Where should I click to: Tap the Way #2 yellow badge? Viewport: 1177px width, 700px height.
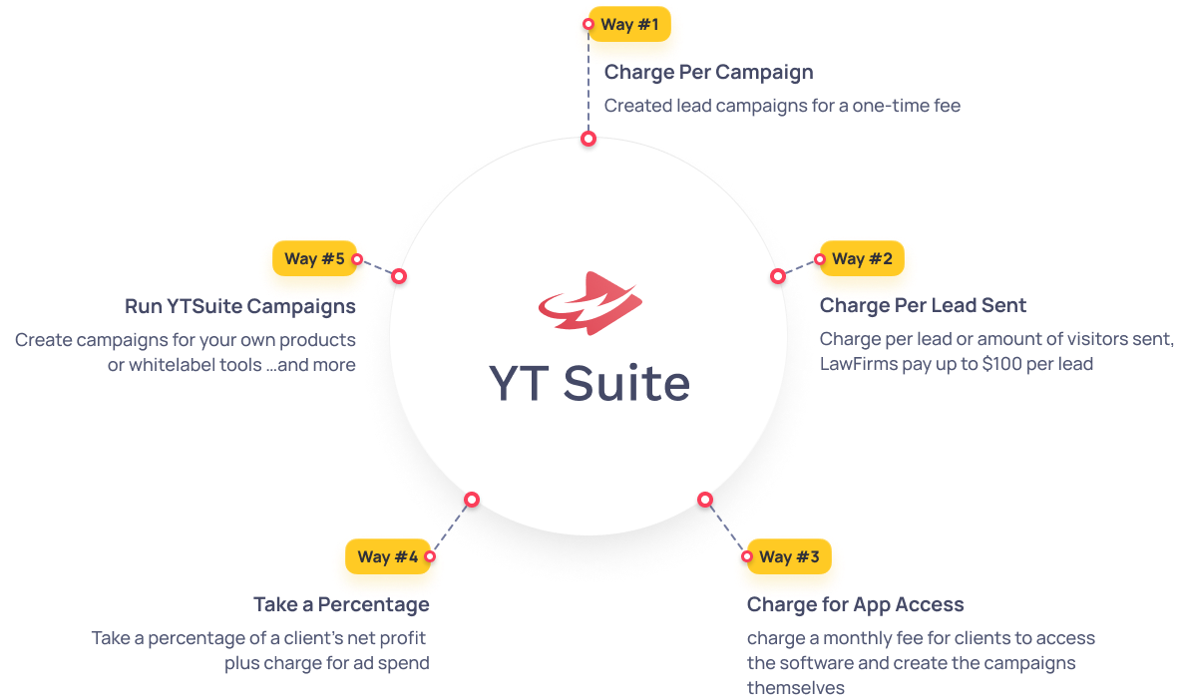[x=861, y=259]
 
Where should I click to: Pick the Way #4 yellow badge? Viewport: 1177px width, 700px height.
[x=387, y=556]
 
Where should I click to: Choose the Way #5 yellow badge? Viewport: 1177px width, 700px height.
[x=314, y=259]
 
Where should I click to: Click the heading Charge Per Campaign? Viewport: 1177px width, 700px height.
[x=708, y=72]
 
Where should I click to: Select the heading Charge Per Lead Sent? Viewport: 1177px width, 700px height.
[x=923, y=305]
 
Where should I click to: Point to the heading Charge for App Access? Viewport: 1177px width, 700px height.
[x=855, y=604]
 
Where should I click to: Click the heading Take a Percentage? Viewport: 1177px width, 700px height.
[x=341, y=604]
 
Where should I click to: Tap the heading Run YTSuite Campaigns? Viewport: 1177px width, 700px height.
[x=240, y=305]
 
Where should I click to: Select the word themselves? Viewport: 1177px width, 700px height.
[x=795, y=687]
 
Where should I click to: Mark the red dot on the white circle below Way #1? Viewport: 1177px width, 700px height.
[x=588, y=139]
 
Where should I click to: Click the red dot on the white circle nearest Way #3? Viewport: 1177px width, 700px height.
[x=705, y=499]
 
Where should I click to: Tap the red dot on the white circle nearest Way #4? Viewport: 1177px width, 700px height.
[x=472, y=499]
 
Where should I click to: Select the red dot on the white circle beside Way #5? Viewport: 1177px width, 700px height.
[x=399, y=275]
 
